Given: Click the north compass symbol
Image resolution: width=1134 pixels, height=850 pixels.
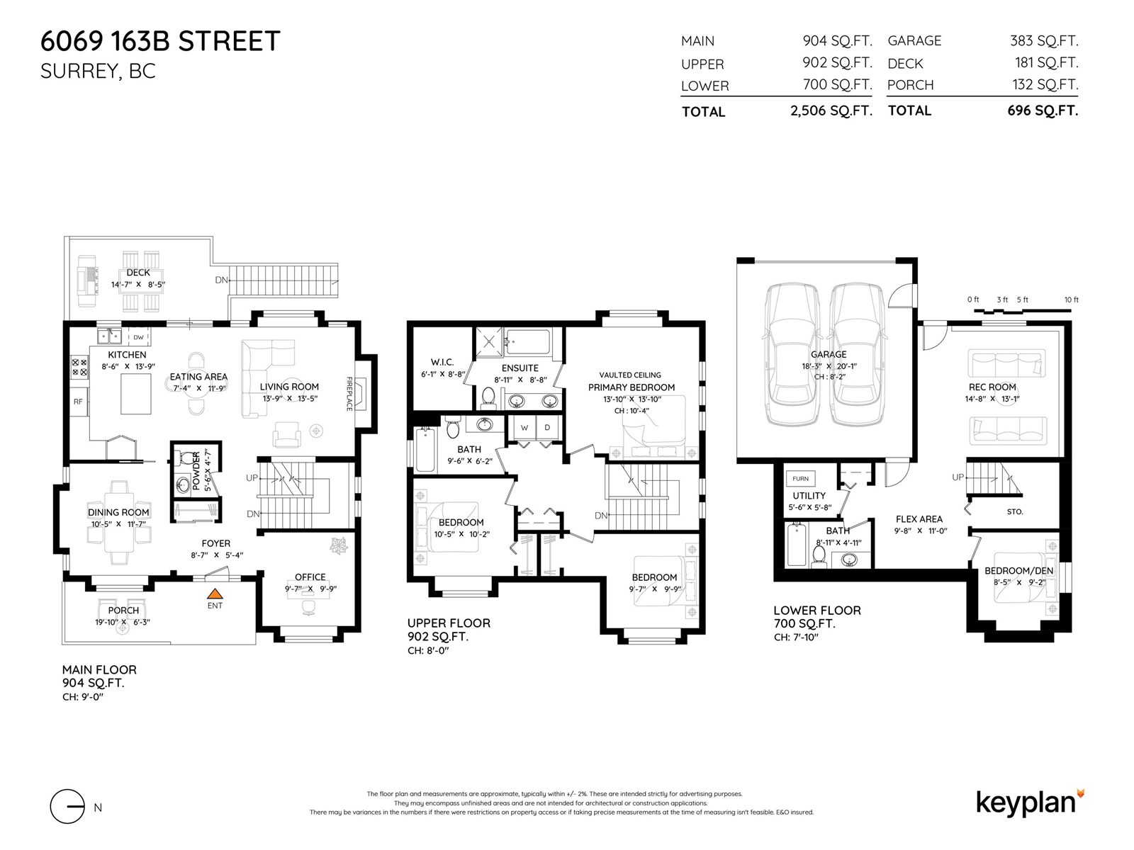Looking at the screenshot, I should coord(68,806).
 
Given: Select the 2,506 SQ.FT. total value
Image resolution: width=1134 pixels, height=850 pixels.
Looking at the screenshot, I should coord(831,111).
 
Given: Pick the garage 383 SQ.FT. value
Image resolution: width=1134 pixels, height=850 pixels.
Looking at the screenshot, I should coord(1043,41).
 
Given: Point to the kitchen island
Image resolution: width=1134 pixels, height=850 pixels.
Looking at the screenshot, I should coord(135,395).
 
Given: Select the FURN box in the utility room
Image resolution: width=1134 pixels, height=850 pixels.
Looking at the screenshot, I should coord(800,479).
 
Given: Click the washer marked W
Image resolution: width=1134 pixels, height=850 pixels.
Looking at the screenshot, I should coord(524,428).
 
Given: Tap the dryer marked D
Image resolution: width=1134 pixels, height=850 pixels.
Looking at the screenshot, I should coord(547,428).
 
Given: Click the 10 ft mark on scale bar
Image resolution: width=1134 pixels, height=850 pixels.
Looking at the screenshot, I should coord(1071,300).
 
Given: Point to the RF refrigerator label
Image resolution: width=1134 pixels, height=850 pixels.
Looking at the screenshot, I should coord(78,402).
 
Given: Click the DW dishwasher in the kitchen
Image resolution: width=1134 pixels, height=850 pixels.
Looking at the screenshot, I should coord(138,337).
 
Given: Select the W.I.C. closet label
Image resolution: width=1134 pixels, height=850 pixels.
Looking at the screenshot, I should coord(442,362).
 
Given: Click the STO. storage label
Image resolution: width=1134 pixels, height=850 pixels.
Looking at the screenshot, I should coord(1014,511).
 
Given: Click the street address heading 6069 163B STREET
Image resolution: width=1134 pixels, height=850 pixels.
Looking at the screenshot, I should coord(160,41).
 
